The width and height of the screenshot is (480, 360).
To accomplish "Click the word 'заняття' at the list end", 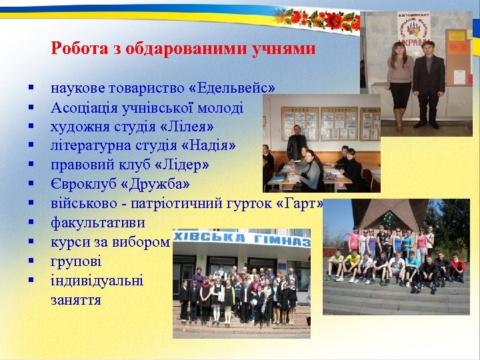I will [x=76, y=299].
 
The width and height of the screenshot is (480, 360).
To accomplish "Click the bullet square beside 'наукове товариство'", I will [x=31, y=88].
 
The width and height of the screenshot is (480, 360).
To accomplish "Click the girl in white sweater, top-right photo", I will [x=400, y=77].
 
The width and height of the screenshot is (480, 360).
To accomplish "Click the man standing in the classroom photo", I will [x=295, y=147].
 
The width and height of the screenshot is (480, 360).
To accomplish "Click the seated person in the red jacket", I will [x=457, y=267].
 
